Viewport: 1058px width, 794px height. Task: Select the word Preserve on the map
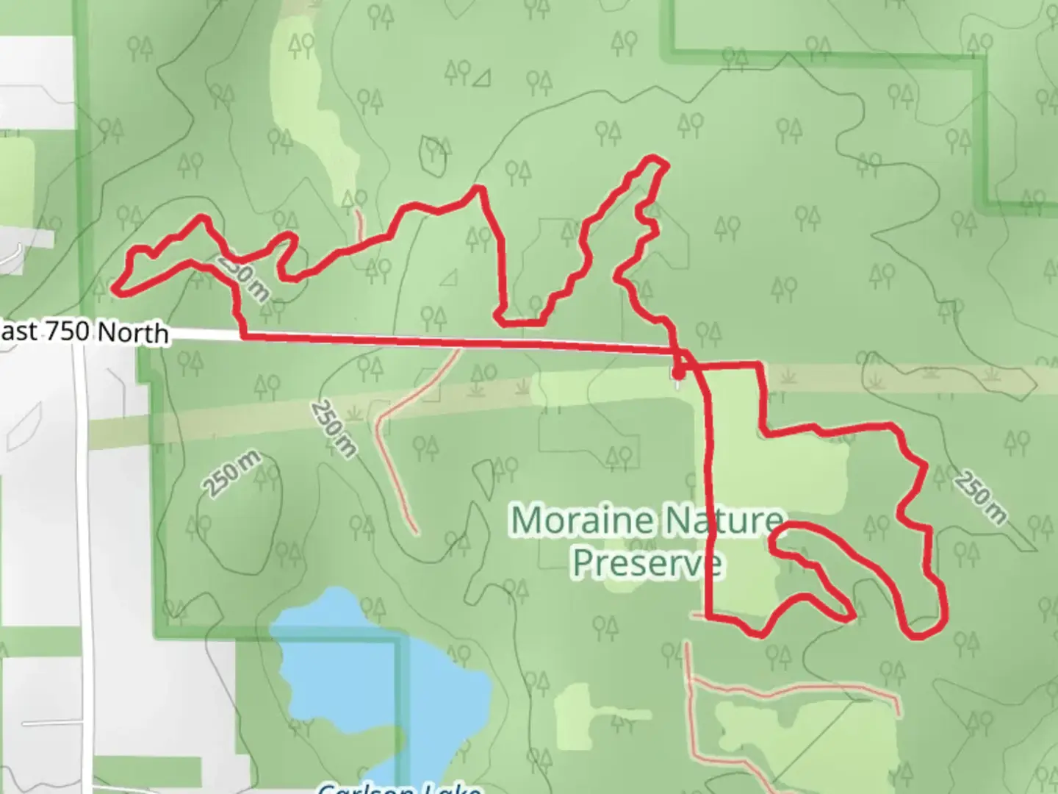tap(647, 563)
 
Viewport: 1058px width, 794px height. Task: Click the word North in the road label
tap(133, 333)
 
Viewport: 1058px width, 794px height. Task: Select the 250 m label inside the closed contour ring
tap(231, 473)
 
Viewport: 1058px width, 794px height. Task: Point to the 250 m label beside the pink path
tap(333, 429)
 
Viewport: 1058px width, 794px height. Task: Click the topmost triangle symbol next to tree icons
tap(483, 76)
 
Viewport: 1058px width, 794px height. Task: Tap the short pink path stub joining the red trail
tap(359, 224)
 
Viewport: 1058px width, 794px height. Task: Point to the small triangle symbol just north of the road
tap(448, 277)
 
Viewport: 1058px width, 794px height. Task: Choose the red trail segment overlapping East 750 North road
tap(456, 341)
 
